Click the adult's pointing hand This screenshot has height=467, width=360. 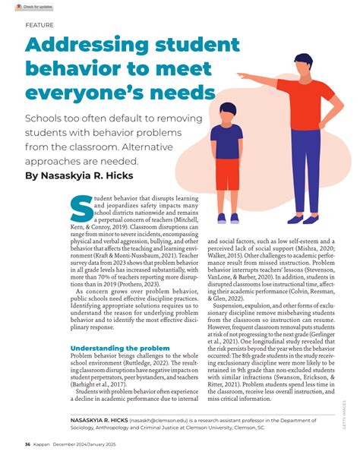tap(241, 76)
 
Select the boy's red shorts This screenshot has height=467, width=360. tap(226, 173)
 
